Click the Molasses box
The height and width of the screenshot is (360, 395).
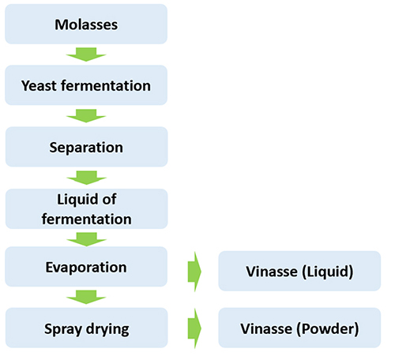(86, 24)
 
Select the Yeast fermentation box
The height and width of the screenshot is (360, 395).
(86, 85)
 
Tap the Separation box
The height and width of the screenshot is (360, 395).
(86, 147)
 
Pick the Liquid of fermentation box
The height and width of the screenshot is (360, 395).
(86, 208)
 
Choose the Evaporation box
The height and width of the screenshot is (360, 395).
(86, 267)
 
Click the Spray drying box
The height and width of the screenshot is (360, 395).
(86, 328)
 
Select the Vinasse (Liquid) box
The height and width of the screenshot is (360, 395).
(299, 271)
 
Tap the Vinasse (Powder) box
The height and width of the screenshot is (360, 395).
(299, 328)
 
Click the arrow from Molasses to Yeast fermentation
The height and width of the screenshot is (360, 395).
(86, 54)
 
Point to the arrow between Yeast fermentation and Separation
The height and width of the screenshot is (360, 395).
(86, 116)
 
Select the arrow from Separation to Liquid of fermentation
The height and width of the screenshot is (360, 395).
(86, 178)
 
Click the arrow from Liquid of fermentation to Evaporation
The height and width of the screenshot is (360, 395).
(86, 239)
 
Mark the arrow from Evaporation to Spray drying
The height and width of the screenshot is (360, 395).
(86, 297)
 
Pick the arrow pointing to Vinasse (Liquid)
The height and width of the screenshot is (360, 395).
(194, 272)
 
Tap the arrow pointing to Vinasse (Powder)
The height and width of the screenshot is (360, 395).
(194, 328)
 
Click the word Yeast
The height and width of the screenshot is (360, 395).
(39, 86)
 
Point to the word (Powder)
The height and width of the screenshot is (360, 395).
(328, 329)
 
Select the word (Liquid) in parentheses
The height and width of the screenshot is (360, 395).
(328, 272)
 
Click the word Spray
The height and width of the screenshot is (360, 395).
(63, 329)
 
